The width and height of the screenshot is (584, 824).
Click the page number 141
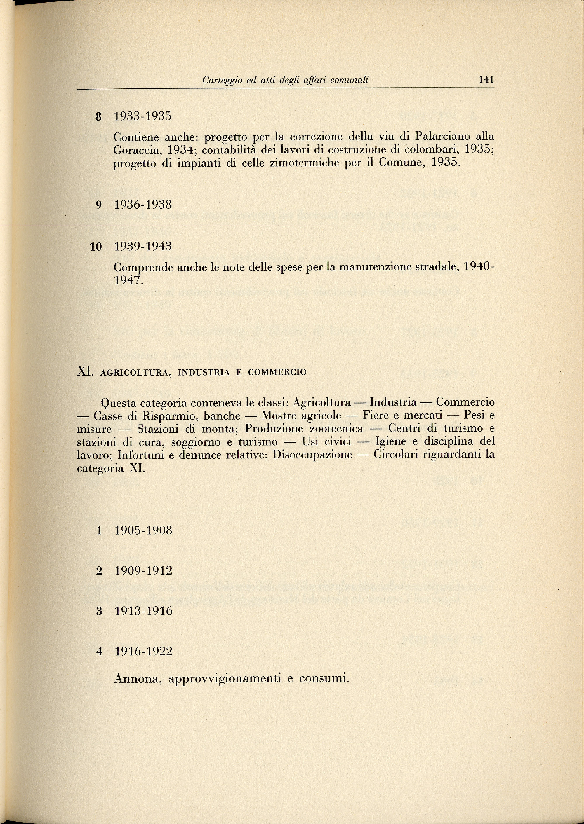click(x=486, y=79)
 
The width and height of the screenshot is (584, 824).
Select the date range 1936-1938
click(x=143, y=205)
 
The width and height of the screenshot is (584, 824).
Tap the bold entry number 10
click(x=96, y=247)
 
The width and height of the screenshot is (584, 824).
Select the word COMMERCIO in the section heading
click(x=277, y=372)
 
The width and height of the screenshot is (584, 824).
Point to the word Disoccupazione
click(x=312, y=455)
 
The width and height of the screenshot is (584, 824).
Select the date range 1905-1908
click(x=143, y=530)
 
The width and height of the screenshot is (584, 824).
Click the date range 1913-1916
click(x=143, y=611)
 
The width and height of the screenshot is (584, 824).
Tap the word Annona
click(x=136, y=678)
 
